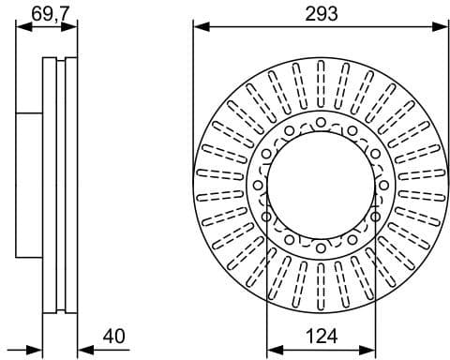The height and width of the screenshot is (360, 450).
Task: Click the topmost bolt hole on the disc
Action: [321, 122]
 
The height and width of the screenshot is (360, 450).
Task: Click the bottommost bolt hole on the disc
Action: [321, 247]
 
